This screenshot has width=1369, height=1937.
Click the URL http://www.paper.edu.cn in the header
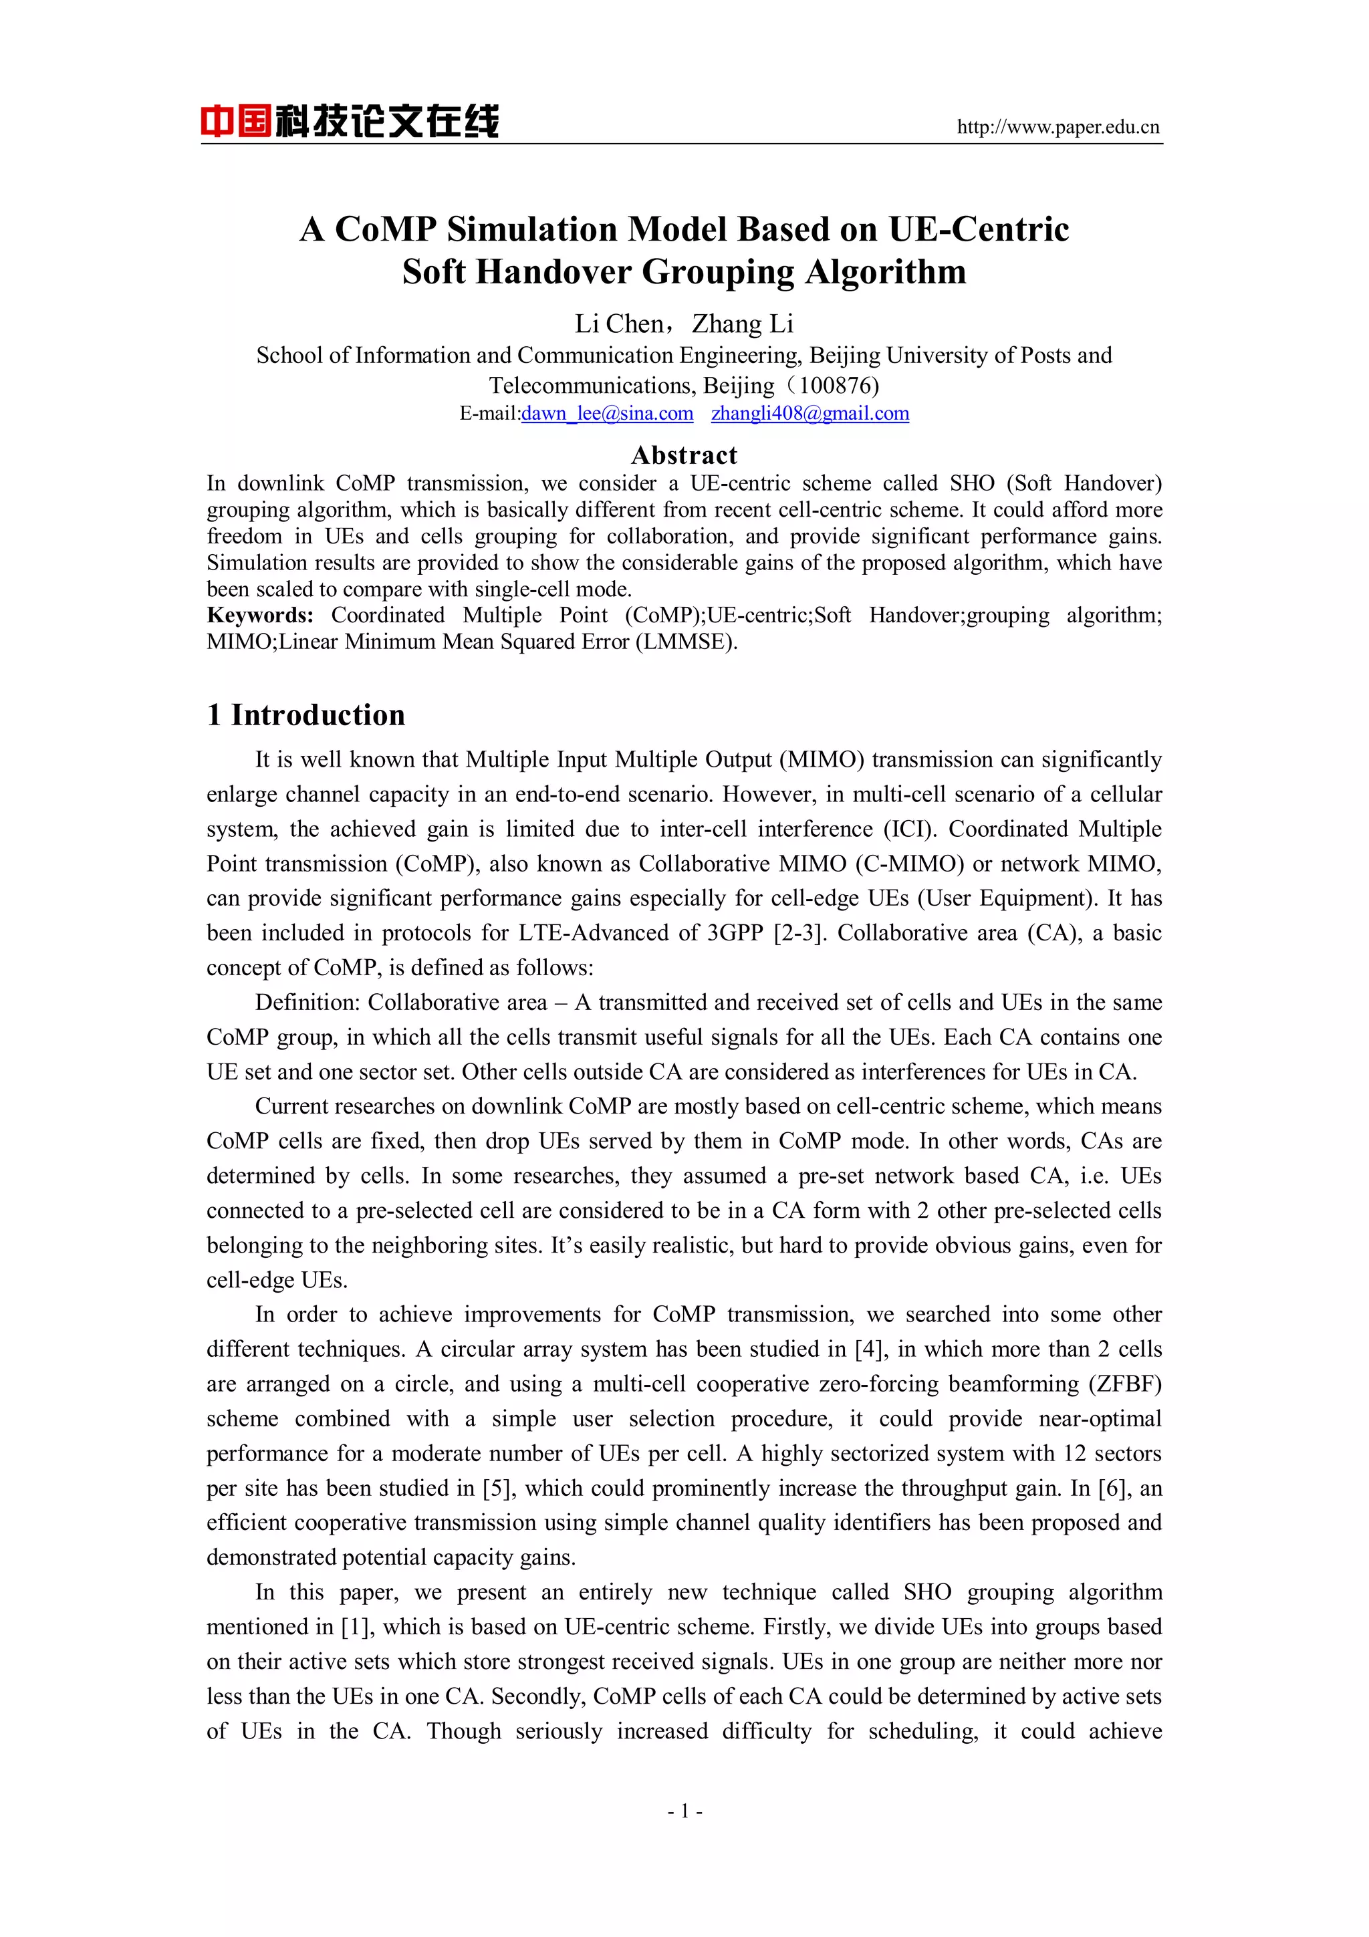[x=1057, y=128]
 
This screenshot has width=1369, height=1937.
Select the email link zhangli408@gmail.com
[x=810, y=413]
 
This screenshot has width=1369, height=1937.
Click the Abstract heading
[x=684, y=456]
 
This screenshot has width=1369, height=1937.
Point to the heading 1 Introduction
[x=306, y=715]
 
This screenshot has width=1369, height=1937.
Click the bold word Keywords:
[x=260, y=615]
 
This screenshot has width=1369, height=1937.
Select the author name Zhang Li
[x=742, y=324]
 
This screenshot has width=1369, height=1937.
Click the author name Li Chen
[x=619, y=324]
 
